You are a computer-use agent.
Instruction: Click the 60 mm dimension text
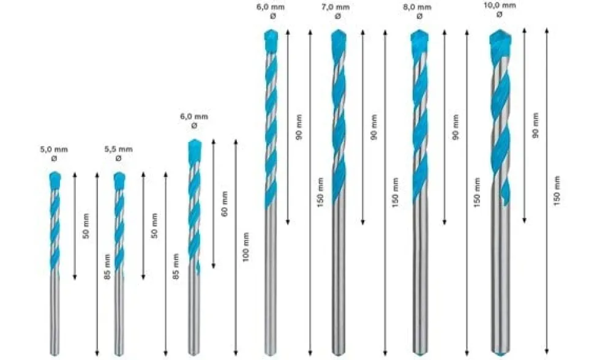(x=225, y=203)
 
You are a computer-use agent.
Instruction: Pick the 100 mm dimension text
(x=246, y=247)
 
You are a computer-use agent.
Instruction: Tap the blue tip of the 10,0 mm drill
(x=501, y=37)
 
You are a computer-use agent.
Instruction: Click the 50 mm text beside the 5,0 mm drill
(x=86, y=226)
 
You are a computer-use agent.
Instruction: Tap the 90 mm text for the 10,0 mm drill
(x=535, y=125)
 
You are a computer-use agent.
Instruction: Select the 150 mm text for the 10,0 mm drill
(x=557, y=191)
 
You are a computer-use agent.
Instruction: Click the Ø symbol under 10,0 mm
(x=499, y=15)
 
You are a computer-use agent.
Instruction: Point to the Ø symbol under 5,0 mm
(x=54, y=158)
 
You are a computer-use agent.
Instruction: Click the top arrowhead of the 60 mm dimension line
(x=214, y=141)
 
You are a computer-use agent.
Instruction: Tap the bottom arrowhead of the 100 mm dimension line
(x=236, y=353)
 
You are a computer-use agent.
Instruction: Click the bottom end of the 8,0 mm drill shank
(x=420, y=353)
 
